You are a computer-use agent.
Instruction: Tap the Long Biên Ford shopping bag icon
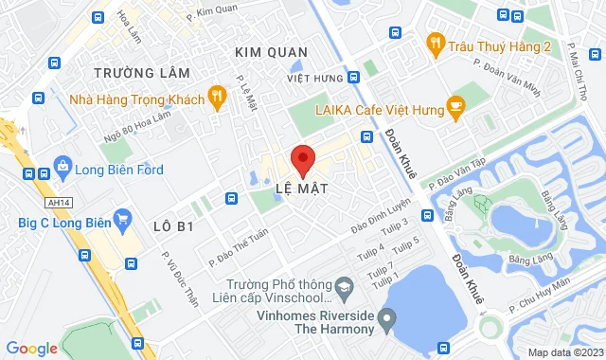[x=62, y=169]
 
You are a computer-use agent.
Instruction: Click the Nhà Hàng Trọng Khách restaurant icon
[x=218, y=97]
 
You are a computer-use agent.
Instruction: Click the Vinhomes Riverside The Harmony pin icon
[x=384, y=320]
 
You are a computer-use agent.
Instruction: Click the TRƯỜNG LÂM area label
[x=142, y=72]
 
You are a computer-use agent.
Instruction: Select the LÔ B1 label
[x=173, y=226]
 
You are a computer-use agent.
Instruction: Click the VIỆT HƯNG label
[x=313, y=77]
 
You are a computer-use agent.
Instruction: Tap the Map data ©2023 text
[x=563, y=352]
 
